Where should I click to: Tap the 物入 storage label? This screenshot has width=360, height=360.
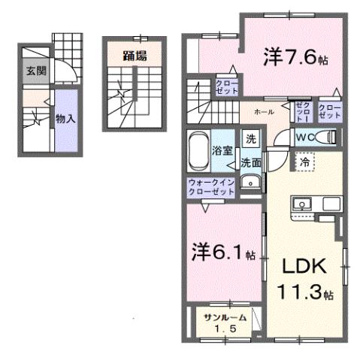pyautogui.click(x=65, y=118)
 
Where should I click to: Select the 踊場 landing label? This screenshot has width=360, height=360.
pyautogui.click(x=135, y=55)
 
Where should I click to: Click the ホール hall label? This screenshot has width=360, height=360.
pyautogui.click(x=265, y=111)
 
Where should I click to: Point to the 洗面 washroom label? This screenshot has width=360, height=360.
pyautogui.click(x=251, y=162)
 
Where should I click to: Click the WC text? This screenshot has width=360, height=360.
pyautogui.click(x=304, y=138)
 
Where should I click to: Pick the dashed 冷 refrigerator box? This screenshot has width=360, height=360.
pyautogui.click(x=304, y=162)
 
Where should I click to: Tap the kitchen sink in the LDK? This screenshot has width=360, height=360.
pyautogui.click(x=304, y=203)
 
